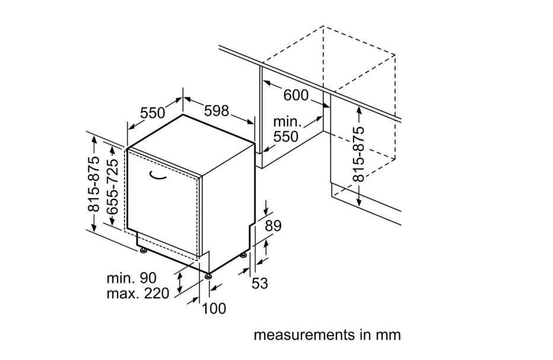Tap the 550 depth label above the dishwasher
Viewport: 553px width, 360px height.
[x=152, y=112]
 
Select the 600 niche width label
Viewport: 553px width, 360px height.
[x=296, y=95]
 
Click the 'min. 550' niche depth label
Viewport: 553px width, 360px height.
[x=286, y=129]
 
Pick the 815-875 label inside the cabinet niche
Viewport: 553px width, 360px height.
[x=359, y=154]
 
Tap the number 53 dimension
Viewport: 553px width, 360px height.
[x=260, y=283]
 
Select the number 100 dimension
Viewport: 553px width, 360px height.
[x=214, y=308]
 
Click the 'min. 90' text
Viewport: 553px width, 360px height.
[x=131, y=278]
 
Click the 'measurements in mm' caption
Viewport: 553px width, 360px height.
[x=327, y=335]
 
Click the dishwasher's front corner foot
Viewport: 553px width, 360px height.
[x=208, y=276]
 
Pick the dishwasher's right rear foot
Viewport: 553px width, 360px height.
[x=243, y=255]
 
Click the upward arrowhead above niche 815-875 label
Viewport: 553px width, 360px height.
[x=359, y=109]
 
